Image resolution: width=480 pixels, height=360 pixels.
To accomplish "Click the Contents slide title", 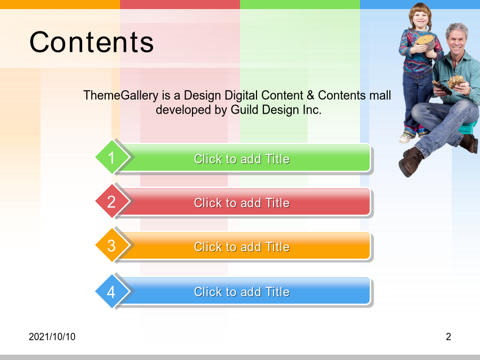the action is click(x=91, y=42).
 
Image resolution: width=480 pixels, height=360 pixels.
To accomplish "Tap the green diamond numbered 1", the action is click(x=112, y=157).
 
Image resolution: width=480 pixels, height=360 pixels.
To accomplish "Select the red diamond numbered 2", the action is click(x=112, y=201).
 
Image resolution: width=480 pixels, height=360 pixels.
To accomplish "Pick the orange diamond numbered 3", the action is click(x=112, y=245).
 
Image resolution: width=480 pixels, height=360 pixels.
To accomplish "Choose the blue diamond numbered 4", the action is click(x=112, y=291).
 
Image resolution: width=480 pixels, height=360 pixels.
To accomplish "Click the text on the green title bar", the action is click(x=242, y=159).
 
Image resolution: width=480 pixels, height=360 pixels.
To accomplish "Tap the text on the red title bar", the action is click(x=242, y=203).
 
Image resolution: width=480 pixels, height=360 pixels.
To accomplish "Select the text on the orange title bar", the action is click(x=242, y=247).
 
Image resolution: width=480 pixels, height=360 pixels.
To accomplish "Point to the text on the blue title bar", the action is click(x=242, y=292).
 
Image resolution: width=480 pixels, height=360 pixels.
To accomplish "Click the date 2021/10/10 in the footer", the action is click(x=52, y=337).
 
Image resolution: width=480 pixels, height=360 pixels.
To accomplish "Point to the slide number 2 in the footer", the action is click(x=449, y=337).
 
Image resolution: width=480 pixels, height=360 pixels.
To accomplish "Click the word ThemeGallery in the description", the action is click(x=121, y=96).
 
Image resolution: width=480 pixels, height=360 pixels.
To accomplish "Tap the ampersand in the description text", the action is click(x=310, y=95).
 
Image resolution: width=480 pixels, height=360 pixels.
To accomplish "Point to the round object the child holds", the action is click(x=425, y=43).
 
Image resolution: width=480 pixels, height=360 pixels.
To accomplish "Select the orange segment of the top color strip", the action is click(x=60, y=4).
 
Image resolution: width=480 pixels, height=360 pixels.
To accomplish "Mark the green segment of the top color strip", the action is click(x=300, y=4).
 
